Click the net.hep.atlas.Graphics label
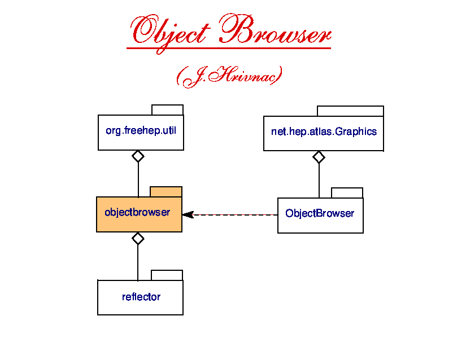[324, 132]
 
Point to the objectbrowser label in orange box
[137, 213]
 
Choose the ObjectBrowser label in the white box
[320, 213]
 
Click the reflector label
[141, 297]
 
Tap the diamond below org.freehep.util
[138, 156]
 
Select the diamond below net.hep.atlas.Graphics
[319, 157]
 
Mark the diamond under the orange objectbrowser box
[138, 238]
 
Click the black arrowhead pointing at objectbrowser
[188, 214]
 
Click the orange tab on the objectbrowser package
[166, 192]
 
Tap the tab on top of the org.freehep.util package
[167, 110]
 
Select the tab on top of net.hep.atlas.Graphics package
[350, 111]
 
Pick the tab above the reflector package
[167, 275]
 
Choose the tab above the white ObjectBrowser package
[347, 193]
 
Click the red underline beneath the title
[228, 49]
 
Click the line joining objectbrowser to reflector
[138, 262]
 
